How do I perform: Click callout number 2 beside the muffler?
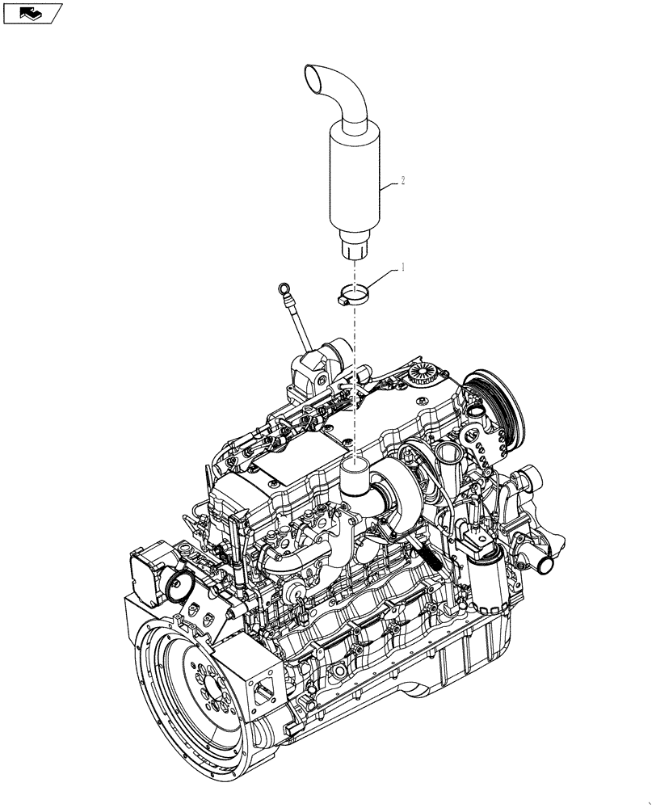coord(402,182)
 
